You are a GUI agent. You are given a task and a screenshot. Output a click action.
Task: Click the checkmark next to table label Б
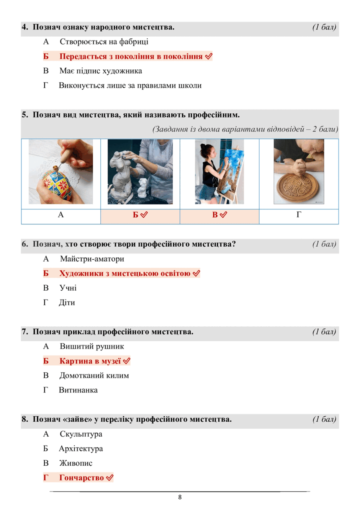tap(144, 214)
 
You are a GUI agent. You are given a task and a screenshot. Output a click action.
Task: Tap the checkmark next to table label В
tap(223, 214)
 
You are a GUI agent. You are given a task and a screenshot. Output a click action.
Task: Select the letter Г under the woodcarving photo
tap(299, 214)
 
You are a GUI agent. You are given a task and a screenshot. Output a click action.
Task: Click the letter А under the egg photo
tap(61, 214)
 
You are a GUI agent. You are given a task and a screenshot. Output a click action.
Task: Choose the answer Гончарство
tap(82, 478)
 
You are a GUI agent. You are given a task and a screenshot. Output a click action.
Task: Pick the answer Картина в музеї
tap(90, 361)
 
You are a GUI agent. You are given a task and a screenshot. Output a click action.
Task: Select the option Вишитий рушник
tap(92, 346)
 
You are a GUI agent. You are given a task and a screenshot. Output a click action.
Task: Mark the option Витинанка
tap(78, 390)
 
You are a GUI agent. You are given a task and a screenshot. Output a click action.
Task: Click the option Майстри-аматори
tap(92, 259)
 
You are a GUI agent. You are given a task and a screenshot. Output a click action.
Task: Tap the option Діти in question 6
tap(67, 303)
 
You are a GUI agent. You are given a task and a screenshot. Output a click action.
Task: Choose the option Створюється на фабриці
tap(104, 42)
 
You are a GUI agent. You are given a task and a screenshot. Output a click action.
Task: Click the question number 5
tap(25, 115)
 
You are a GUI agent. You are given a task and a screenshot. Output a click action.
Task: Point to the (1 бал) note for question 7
tap(324, 332)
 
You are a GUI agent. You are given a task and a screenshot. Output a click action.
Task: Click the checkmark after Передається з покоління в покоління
tap(209, 56)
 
